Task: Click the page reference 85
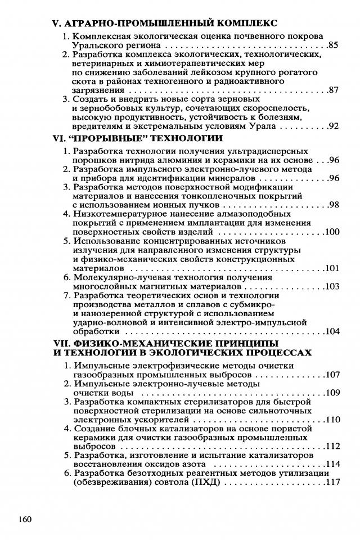332,46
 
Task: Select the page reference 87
332,90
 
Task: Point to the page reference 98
332,204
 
